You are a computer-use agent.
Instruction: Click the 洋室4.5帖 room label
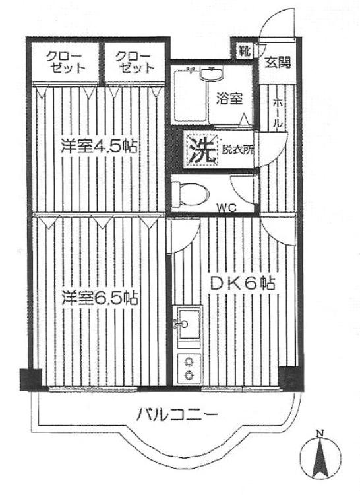100,147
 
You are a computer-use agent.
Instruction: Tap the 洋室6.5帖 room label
100,298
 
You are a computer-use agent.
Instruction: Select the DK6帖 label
242,284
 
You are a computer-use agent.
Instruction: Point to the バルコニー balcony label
177,414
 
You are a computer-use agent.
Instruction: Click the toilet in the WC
191,193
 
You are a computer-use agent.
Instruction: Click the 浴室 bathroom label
229,99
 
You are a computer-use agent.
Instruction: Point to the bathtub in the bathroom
189,96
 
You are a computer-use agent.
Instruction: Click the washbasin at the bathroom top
212,75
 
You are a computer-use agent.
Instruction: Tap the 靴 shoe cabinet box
245,51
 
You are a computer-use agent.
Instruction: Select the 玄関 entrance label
278,62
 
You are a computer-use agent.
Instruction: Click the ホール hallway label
278,113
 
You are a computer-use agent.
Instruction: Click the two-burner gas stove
189,368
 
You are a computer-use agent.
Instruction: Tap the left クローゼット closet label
65,62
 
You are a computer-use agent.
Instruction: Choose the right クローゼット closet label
135,62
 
